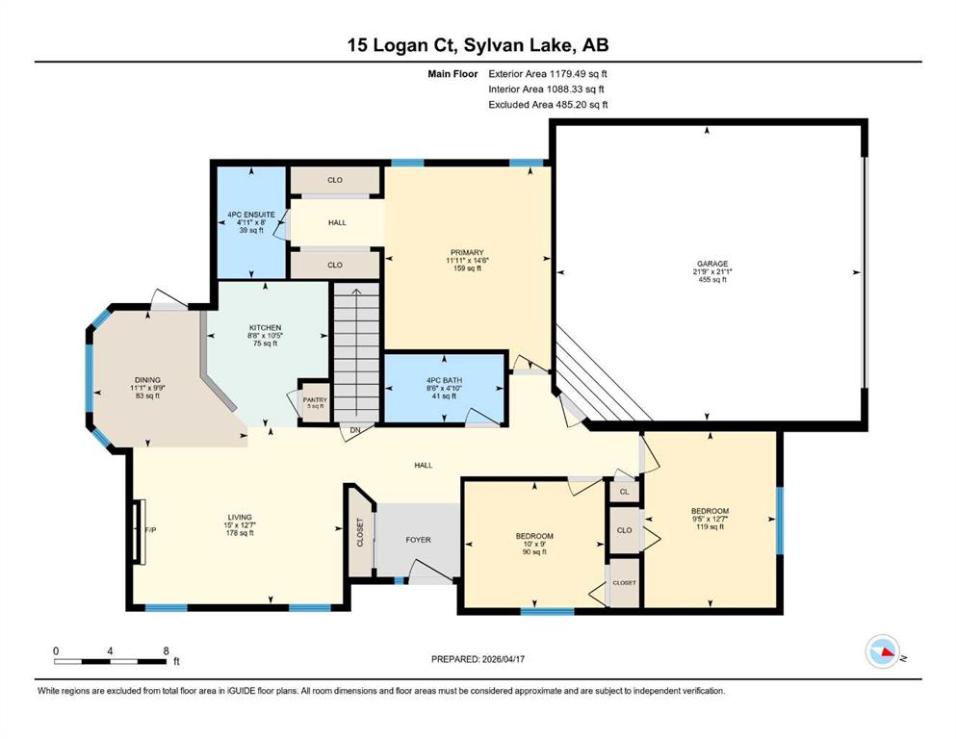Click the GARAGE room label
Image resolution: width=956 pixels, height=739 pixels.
712,264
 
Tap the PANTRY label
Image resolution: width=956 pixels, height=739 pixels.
315,399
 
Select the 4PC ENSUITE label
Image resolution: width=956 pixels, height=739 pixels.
251,215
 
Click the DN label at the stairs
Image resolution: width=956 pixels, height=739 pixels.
355,429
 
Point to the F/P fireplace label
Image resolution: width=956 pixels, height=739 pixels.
150,530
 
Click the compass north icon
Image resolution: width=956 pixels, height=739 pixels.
883,651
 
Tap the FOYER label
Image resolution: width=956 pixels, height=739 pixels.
418,540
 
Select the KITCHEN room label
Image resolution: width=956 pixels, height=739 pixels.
265,328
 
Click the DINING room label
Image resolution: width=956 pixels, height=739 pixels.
147,379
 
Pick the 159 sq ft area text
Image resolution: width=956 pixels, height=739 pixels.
467,268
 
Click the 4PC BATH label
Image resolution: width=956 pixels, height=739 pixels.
445,380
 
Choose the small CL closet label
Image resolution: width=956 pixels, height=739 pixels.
624,492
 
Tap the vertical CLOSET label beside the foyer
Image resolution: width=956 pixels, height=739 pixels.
360,532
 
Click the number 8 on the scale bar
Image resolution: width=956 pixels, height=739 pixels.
166,650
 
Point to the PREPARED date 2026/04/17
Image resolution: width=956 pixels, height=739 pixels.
478,659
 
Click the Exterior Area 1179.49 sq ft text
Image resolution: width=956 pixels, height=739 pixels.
548,74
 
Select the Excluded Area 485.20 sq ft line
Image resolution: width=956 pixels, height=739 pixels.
548,104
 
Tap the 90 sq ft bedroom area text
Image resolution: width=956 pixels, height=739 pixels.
534,552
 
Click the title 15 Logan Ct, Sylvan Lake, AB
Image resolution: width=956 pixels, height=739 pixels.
478,44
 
